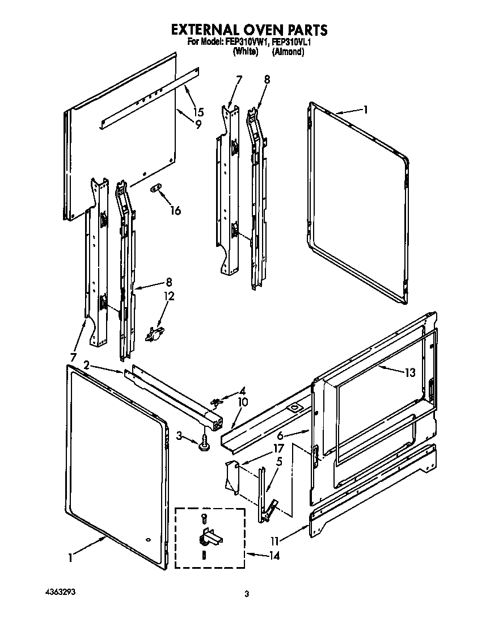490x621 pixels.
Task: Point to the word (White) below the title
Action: (246, 52)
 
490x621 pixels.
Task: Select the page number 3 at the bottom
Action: (247, 594)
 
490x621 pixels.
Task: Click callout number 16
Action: (175, 211)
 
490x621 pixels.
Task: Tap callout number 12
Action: (169, 296)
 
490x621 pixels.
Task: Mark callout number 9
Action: (198, 125)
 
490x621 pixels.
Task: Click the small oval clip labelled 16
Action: (156, 188)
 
